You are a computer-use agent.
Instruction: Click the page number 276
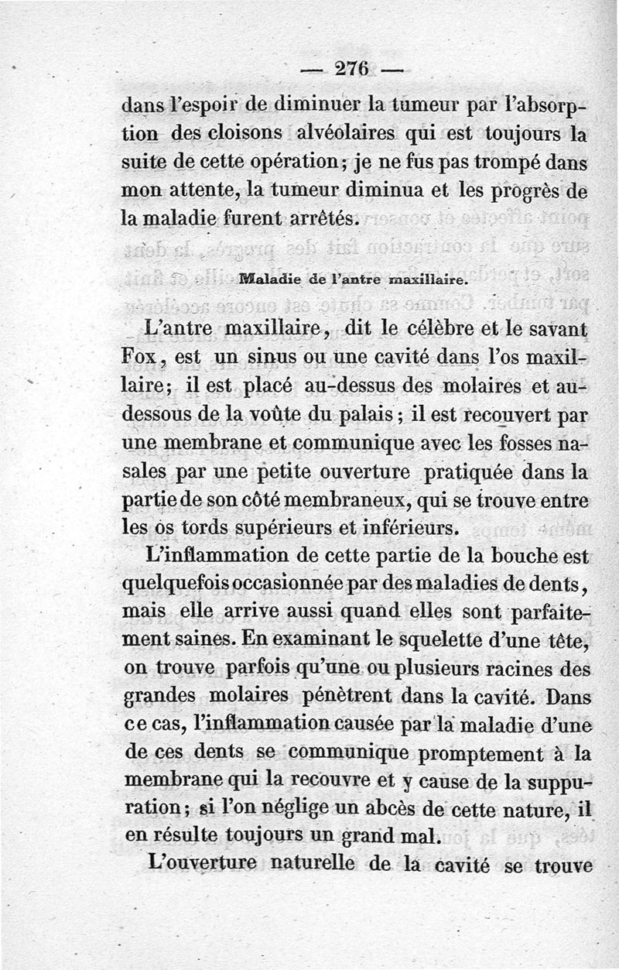(355, 67)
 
